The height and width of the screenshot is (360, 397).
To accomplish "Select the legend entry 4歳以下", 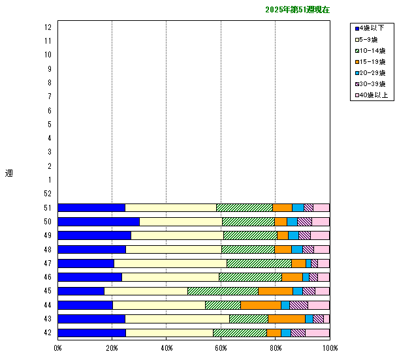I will click(373, 28).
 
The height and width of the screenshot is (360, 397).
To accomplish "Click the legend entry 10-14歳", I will click(373, 50).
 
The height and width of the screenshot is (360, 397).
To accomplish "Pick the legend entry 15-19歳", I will click(373, 61).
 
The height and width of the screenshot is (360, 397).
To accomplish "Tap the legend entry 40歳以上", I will click(373, 95).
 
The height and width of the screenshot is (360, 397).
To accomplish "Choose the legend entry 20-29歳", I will click(373, 72).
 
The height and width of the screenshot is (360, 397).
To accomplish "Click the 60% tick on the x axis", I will click(221, 348).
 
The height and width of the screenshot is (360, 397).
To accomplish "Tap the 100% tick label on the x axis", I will click(330, 348).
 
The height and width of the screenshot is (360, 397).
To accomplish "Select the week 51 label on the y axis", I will click(48, 208).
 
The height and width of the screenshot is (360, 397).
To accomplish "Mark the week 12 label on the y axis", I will click(48, 27).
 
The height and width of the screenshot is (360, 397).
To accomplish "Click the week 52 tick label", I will click(48, 194).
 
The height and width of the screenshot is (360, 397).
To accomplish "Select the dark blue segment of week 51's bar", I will click(91, 208).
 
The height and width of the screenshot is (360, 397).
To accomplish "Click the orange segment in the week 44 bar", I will click(261, 305).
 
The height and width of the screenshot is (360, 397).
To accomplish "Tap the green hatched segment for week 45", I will click(223, 291).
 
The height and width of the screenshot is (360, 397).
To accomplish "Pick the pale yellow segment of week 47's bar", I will click(170, 263).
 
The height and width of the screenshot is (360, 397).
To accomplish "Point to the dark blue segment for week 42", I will click(91, 333).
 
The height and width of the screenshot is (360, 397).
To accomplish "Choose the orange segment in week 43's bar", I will click(287, 319).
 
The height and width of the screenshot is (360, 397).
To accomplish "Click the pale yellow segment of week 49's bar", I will click(177, 235).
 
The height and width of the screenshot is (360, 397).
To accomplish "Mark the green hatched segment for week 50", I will click(248, 222).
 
